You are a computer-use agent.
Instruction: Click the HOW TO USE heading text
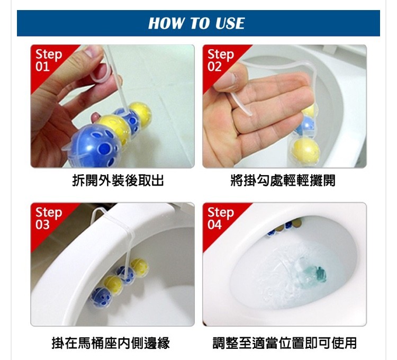tap(196, 23)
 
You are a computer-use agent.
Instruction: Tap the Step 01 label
tap(49, 60)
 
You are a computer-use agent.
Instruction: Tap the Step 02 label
tap(221, 60)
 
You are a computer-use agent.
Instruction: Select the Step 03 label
tap(49, 219)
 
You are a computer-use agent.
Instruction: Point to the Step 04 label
tap(221, 219)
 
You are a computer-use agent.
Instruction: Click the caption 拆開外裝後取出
tap(118, 181)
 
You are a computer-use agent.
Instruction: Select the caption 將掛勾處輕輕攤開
tap(283, 181)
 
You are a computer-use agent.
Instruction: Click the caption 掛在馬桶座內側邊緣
tap(111, 343)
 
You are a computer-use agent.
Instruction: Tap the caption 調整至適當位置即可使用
tap(285, 343)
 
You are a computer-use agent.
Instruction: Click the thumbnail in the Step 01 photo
tap(92, 51)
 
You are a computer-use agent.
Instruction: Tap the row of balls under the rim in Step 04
tap(284, 227)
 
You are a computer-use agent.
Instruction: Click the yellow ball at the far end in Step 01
tap(140, 112)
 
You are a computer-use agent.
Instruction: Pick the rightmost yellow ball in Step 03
tap(139, 267)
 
